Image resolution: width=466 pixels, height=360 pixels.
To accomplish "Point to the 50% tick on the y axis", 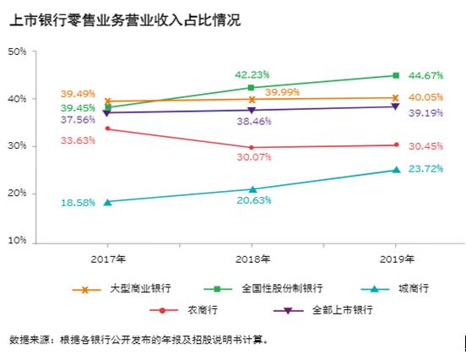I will click(x=17, y=52).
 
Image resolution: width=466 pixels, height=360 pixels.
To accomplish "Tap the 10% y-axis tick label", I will click(x=17, y=242).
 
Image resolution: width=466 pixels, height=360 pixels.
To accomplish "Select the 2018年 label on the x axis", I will click(x=253, y=258).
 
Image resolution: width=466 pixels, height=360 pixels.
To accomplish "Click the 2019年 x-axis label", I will click(x=398, y=258).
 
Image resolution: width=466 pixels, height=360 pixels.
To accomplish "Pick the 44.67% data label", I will click(x=426, y=75).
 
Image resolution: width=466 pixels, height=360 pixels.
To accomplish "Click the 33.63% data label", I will click(x=77, y=140).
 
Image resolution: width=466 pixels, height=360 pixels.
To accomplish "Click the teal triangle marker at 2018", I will click(x=252, y=189).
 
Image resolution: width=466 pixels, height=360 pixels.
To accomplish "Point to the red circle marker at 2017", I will click(x=107, y=128).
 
